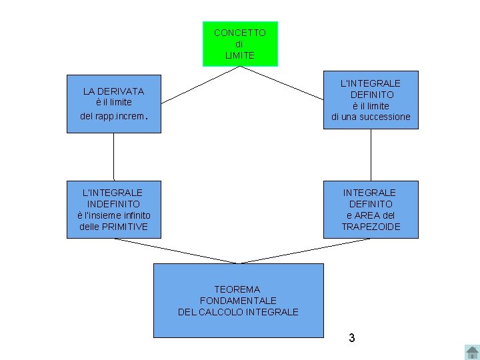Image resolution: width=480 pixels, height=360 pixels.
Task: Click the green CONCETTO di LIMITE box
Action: point(240,44)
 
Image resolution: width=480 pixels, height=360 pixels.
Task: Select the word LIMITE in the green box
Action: point(240,55)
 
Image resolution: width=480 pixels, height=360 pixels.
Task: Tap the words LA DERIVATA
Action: point(113,91)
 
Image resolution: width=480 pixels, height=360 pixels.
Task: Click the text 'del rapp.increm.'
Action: point(112,115)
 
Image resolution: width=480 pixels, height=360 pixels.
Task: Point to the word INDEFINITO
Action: point(113,204)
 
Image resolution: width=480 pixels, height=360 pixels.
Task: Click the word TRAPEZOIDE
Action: point(371,227)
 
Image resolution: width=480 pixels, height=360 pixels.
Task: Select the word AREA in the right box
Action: point(370,215)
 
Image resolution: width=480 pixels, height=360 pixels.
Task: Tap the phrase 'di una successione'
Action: point(371,117)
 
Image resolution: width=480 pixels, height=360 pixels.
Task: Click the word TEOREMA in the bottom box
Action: point(237,289)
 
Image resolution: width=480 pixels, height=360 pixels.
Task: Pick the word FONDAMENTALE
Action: point(238,301)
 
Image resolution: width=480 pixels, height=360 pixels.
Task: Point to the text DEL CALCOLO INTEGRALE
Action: point(238,312)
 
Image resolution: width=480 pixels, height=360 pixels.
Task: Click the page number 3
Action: point(351,338)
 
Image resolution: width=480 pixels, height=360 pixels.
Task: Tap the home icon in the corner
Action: point(471,351)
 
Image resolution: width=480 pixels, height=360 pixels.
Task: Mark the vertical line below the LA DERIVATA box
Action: point(113,157)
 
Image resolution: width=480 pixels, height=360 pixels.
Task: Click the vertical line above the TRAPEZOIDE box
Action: point(371,155)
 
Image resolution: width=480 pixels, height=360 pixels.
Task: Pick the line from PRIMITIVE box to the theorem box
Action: point(177,251)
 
